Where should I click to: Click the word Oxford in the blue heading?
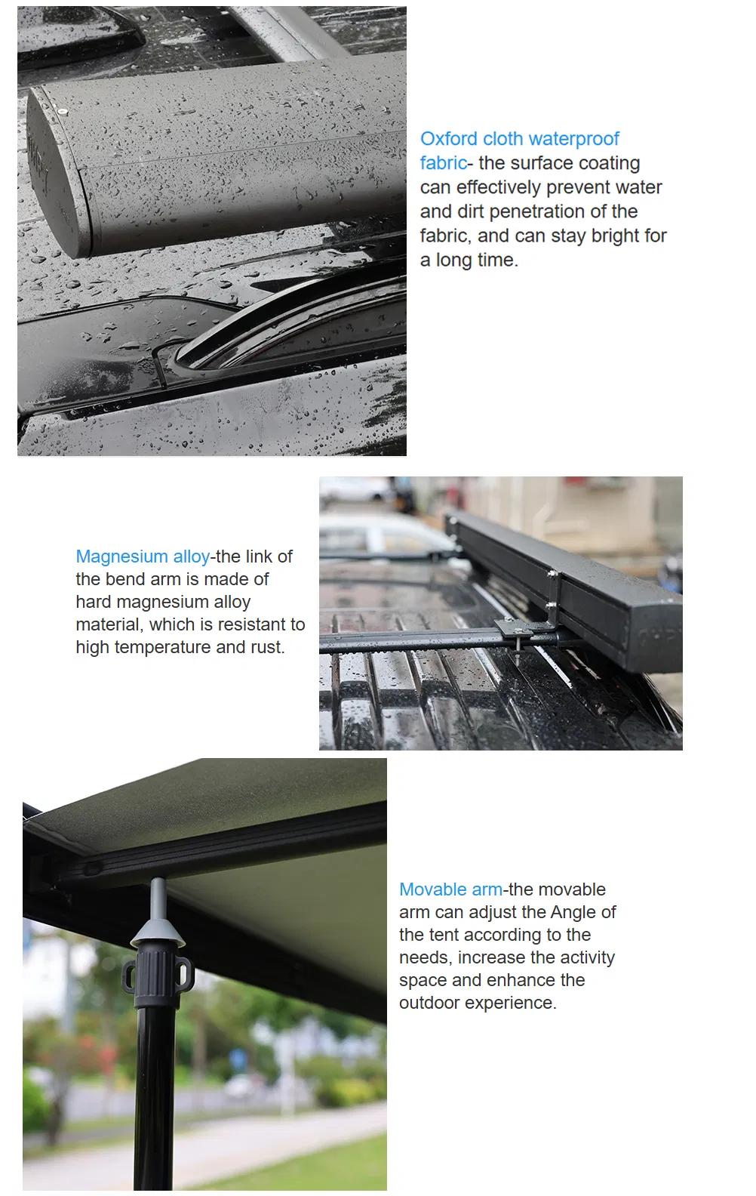[x=449, y=139]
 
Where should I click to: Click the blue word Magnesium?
[x=121, y=557]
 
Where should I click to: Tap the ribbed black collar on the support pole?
[x=158, y=975]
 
